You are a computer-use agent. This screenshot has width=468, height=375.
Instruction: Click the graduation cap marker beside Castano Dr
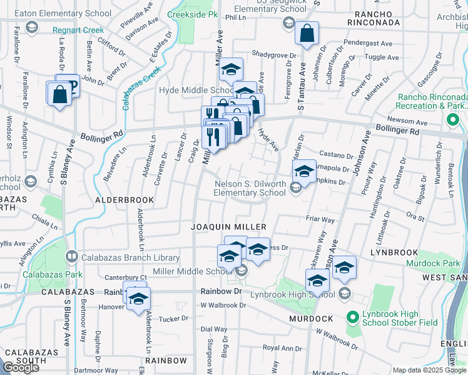click(304, 171)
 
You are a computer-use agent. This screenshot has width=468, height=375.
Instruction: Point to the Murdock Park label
click(432, 263)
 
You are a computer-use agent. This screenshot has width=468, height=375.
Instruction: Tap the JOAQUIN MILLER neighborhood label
click(229, 226)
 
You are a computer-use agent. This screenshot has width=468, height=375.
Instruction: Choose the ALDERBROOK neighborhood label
click(124, 199)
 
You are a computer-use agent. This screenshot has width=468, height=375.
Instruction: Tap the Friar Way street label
click(320, 219)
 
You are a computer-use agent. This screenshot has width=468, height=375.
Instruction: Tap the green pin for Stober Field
click(352, 318)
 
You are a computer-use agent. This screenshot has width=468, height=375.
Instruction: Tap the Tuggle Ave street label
click(381, 57)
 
